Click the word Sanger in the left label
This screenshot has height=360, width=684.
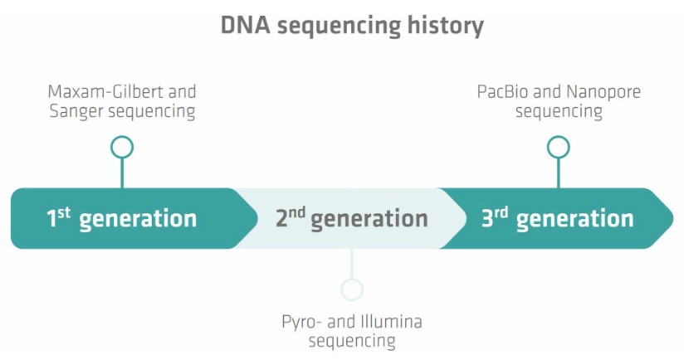73,111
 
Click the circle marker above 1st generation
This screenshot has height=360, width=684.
122,148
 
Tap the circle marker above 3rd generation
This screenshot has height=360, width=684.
558,148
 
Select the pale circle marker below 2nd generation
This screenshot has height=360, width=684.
352,289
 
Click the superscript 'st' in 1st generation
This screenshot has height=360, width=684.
63,212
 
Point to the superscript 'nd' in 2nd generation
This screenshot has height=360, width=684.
296,212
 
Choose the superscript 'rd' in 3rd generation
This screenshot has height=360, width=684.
501,212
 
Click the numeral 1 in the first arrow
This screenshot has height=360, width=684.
51,219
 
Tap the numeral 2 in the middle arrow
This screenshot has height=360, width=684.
281,219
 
